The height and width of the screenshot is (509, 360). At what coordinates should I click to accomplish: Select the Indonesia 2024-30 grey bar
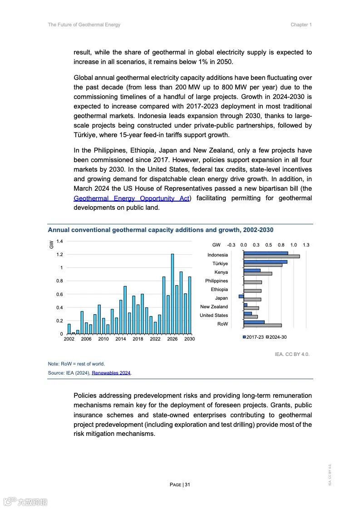pos(271,257)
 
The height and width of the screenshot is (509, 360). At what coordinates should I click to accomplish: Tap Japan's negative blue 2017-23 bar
pos(242,297)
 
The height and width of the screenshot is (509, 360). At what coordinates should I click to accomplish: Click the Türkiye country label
pos(220,264)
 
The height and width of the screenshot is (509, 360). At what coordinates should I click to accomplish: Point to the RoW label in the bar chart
pos(222,324)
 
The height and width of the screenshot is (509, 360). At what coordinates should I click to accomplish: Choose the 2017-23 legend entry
pos(253,337)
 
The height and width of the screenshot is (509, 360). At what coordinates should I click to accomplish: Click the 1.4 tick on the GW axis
pos(59,241)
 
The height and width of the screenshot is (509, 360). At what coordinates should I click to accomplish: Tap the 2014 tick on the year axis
pos(120,339)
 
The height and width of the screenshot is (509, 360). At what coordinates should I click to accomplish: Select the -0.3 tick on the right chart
pos(231,245)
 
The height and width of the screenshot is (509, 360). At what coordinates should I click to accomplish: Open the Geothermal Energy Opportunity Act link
pos(132,198)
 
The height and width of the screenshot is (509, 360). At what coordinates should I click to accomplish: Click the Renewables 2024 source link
pos(111,373)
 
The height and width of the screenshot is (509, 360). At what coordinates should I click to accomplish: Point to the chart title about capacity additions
pos(161,230)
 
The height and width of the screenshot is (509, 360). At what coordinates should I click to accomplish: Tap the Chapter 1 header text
pos(301,25)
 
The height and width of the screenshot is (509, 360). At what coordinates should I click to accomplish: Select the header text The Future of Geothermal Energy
pos(84,25)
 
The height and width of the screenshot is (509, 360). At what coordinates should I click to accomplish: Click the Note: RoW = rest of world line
pos(76,364)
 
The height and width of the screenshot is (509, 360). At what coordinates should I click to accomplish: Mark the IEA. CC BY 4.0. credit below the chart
pos(292,354)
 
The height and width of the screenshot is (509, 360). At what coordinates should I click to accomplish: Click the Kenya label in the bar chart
pos(221,272)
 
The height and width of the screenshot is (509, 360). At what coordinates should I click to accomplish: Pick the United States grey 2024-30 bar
pos(251,317)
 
